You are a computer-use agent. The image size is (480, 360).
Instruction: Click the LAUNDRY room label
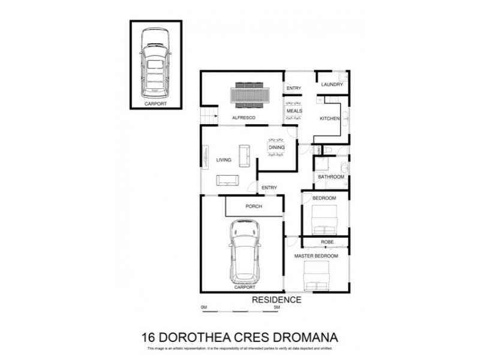(332, 85)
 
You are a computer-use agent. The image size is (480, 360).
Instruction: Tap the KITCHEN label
(329, 119)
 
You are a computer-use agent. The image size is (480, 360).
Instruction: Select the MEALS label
(294, 111)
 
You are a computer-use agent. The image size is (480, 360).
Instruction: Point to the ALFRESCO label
(244, 118)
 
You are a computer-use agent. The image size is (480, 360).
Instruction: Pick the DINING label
(276, 147)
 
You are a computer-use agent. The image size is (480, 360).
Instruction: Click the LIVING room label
(224, 159)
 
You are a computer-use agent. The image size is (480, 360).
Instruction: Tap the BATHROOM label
(331, 177)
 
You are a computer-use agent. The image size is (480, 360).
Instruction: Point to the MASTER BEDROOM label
(316, 256)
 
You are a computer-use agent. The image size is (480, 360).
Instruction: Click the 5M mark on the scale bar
(277, 307)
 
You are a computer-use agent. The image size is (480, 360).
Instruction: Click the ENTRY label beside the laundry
(293, 89)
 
